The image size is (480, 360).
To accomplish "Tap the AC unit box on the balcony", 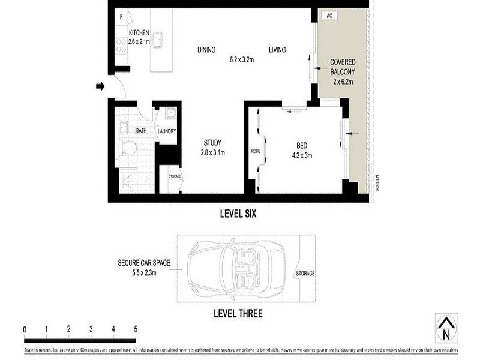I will coord(329,16).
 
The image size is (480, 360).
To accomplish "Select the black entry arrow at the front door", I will coord(100,87).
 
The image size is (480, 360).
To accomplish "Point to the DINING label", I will coord(206,50).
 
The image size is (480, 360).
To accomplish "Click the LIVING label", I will coord(277,50).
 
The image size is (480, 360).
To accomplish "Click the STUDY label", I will coord(212,143).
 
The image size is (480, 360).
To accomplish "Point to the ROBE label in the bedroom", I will coord(254,151).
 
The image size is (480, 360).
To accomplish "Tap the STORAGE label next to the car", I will coord(305,274).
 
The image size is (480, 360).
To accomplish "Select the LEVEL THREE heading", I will coord(238,313).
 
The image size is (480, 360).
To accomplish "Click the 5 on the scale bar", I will coord(136,329).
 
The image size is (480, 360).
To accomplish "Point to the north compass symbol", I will coord(445,328).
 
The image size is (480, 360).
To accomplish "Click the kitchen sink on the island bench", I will coord(160,40).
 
